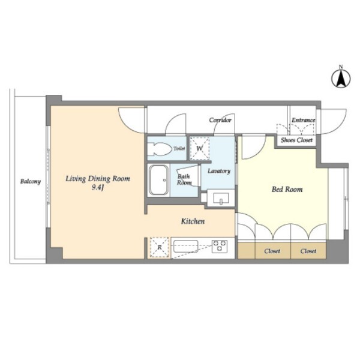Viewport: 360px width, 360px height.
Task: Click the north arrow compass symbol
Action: point(341,77)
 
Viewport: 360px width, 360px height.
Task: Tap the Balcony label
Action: point(31,181)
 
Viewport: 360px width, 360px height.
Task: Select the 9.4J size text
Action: point(98,188)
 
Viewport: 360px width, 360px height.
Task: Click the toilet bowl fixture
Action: point(160,149)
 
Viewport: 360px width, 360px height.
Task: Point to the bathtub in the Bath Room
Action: point(158,180)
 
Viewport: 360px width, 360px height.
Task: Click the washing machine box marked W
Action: point(200,148)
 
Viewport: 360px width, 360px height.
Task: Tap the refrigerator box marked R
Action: point(160,247)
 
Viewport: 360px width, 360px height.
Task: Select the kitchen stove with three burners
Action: point(220,246)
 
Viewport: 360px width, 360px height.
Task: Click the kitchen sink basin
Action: point(186,246)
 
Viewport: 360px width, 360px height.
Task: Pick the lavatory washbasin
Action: point(221,198)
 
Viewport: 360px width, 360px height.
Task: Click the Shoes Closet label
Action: point(296,140)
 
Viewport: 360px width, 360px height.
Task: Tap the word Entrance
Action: point(303,120)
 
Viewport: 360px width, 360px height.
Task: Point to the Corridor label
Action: point(220,120)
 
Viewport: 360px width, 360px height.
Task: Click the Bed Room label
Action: point(287,189)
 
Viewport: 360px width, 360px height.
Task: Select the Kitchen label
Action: point(193,221)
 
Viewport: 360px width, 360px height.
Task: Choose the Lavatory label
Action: point(219,171)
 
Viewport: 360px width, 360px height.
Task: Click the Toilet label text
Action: point(179,148)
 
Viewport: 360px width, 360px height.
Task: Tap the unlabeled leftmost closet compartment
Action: point(246,250)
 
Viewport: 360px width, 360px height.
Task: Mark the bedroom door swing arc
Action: point(259,152)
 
